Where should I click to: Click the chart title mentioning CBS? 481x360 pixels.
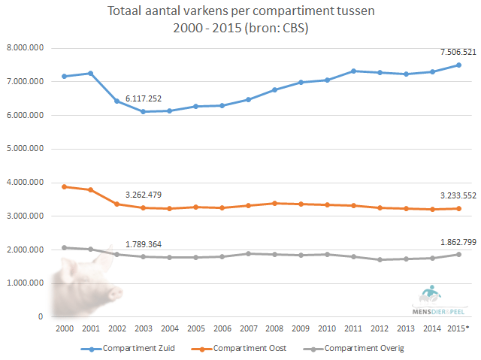click(240, 21)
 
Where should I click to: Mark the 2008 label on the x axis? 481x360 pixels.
click(274, 329)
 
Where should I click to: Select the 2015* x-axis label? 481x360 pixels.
click(459, 329)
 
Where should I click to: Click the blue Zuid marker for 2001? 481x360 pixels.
click(91, 74)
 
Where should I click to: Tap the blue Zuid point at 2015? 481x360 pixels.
click(458, 65)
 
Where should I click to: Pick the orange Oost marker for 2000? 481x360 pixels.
click(65, 186)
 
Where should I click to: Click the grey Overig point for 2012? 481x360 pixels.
click(380, 259)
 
